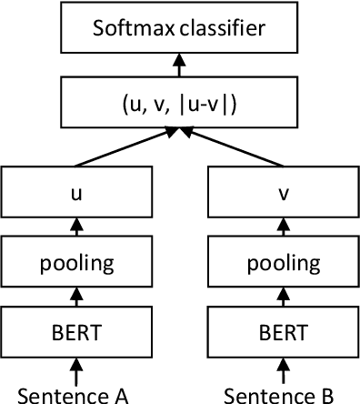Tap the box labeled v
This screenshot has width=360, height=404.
pos(282,192)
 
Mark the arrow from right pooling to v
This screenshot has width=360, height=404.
pos(282,227)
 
